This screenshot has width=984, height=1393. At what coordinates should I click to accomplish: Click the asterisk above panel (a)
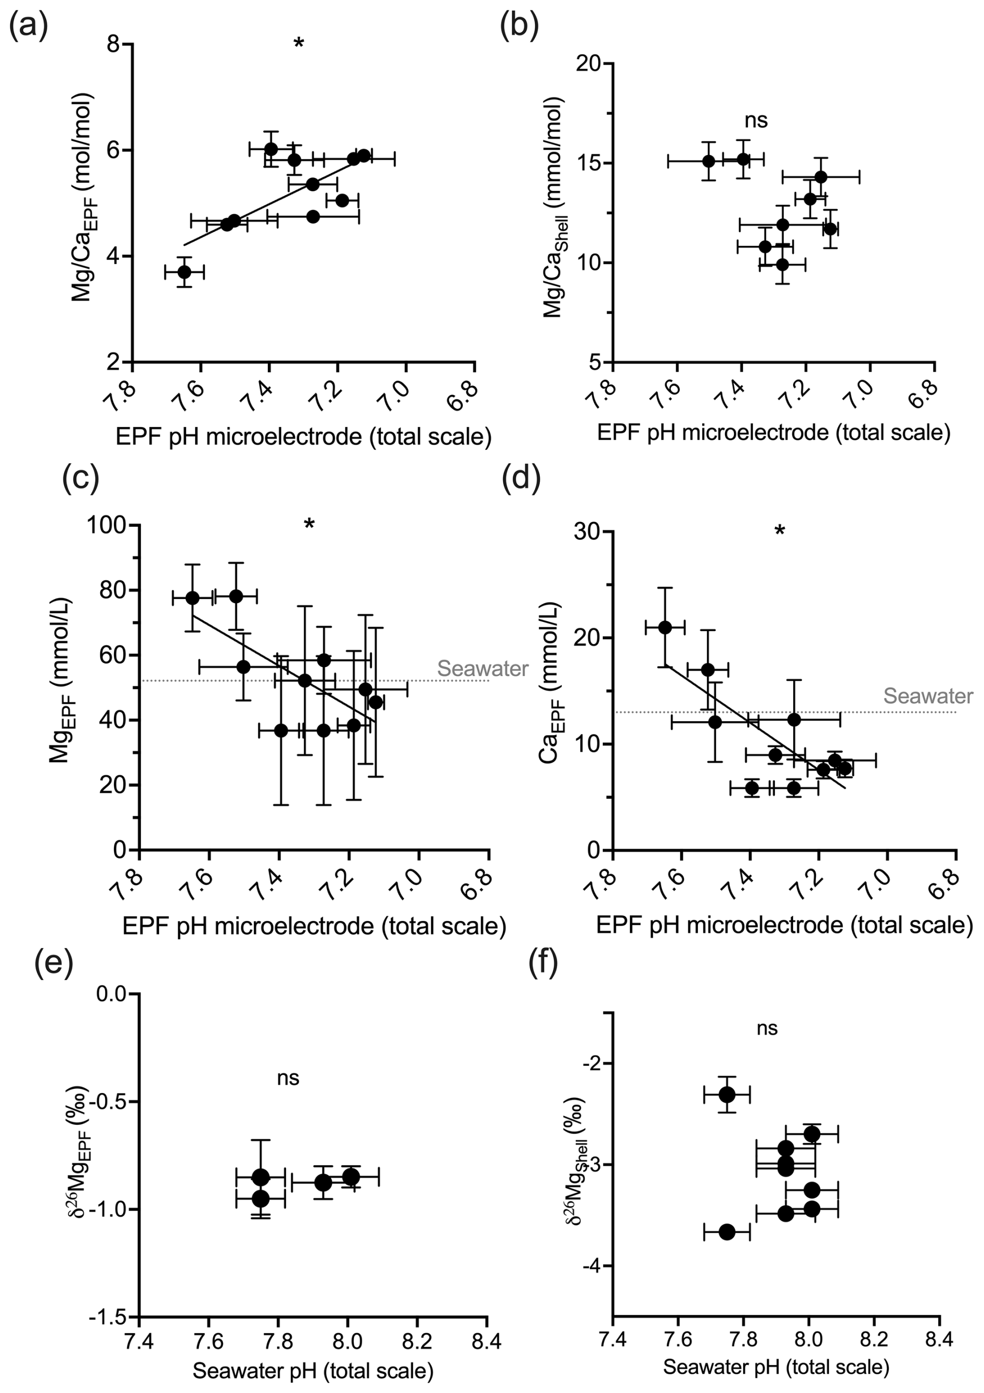pos(299,44)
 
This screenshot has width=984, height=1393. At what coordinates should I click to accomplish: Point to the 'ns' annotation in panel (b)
pos(756,120)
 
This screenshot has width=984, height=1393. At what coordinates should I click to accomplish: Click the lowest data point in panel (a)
pos(185,272)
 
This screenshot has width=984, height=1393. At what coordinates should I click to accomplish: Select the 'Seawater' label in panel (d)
pos(928,695)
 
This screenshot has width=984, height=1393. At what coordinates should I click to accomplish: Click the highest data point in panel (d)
pos(665,627)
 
